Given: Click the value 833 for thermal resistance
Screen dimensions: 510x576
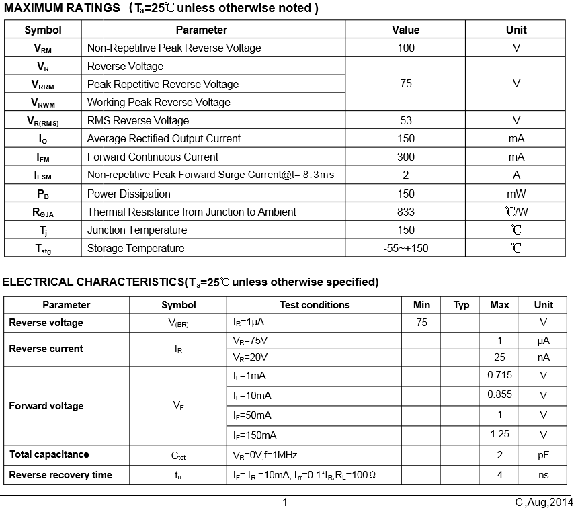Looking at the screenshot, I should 406,212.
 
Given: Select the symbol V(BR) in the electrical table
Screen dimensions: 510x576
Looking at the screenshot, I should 179,323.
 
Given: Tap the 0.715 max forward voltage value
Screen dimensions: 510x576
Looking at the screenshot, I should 499,375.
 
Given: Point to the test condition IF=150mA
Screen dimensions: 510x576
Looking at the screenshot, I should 255,435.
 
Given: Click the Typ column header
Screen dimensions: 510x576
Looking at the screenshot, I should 461,305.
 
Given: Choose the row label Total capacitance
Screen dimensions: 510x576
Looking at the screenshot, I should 49,454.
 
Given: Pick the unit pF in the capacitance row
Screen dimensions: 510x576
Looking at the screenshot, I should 543,455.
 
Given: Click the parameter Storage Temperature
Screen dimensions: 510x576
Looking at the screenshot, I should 136,248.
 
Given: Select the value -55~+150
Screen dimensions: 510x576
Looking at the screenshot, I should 406,248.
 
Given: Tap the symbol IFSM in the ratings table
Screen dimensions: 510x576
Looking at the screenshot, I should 43,175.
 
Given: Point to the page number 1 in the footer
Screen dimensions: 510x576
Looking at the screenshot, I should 285,502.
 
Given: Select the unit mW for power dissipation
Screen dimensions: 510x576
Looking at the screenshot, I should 516,194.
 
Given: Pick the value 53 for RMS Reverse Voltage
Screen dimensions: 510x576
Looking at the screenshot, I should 406,120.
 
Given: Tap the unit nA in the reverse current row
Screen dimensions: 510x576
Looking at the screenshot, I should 543,357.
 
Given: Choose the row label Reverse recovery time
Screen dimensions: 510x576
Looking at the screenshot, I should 60,475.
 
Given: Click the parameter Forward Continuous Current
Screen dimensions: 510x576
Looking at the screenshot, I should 153,157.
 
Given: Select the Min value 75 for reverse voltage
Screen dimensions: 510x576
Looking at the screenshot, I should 421,323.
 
